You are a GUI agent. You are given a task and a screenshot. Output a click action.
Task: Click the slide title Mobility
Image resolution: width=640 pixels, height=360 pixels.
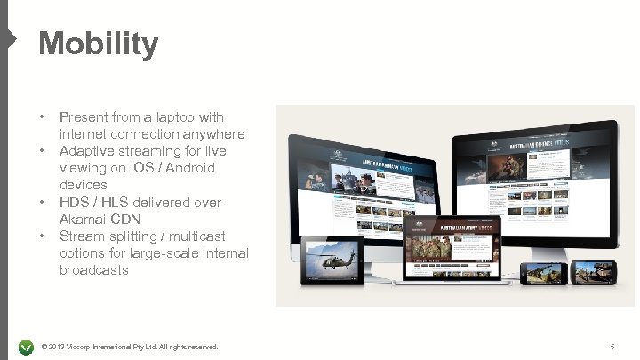pos(98,43)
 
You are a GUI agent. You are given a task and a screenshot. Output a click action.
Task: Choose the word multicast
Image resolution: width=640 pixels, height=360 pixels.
pos(192,236)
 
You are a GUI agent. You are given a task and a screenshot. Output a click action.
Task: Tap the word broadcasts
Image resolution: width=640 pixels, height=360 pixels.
pos(93,270)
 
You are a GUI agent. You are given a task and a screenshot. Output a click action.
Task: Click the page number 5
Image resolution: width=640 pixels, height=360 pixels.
pos(612,345)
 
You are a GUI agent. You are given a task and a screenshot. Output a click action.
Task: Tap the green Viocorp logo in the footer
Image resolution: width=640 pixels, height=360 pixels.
pos(26,345)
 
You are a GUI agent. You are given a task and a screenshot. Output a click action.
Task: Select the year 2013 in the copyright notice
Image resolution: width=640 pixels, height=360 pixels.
pos(60,345)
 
